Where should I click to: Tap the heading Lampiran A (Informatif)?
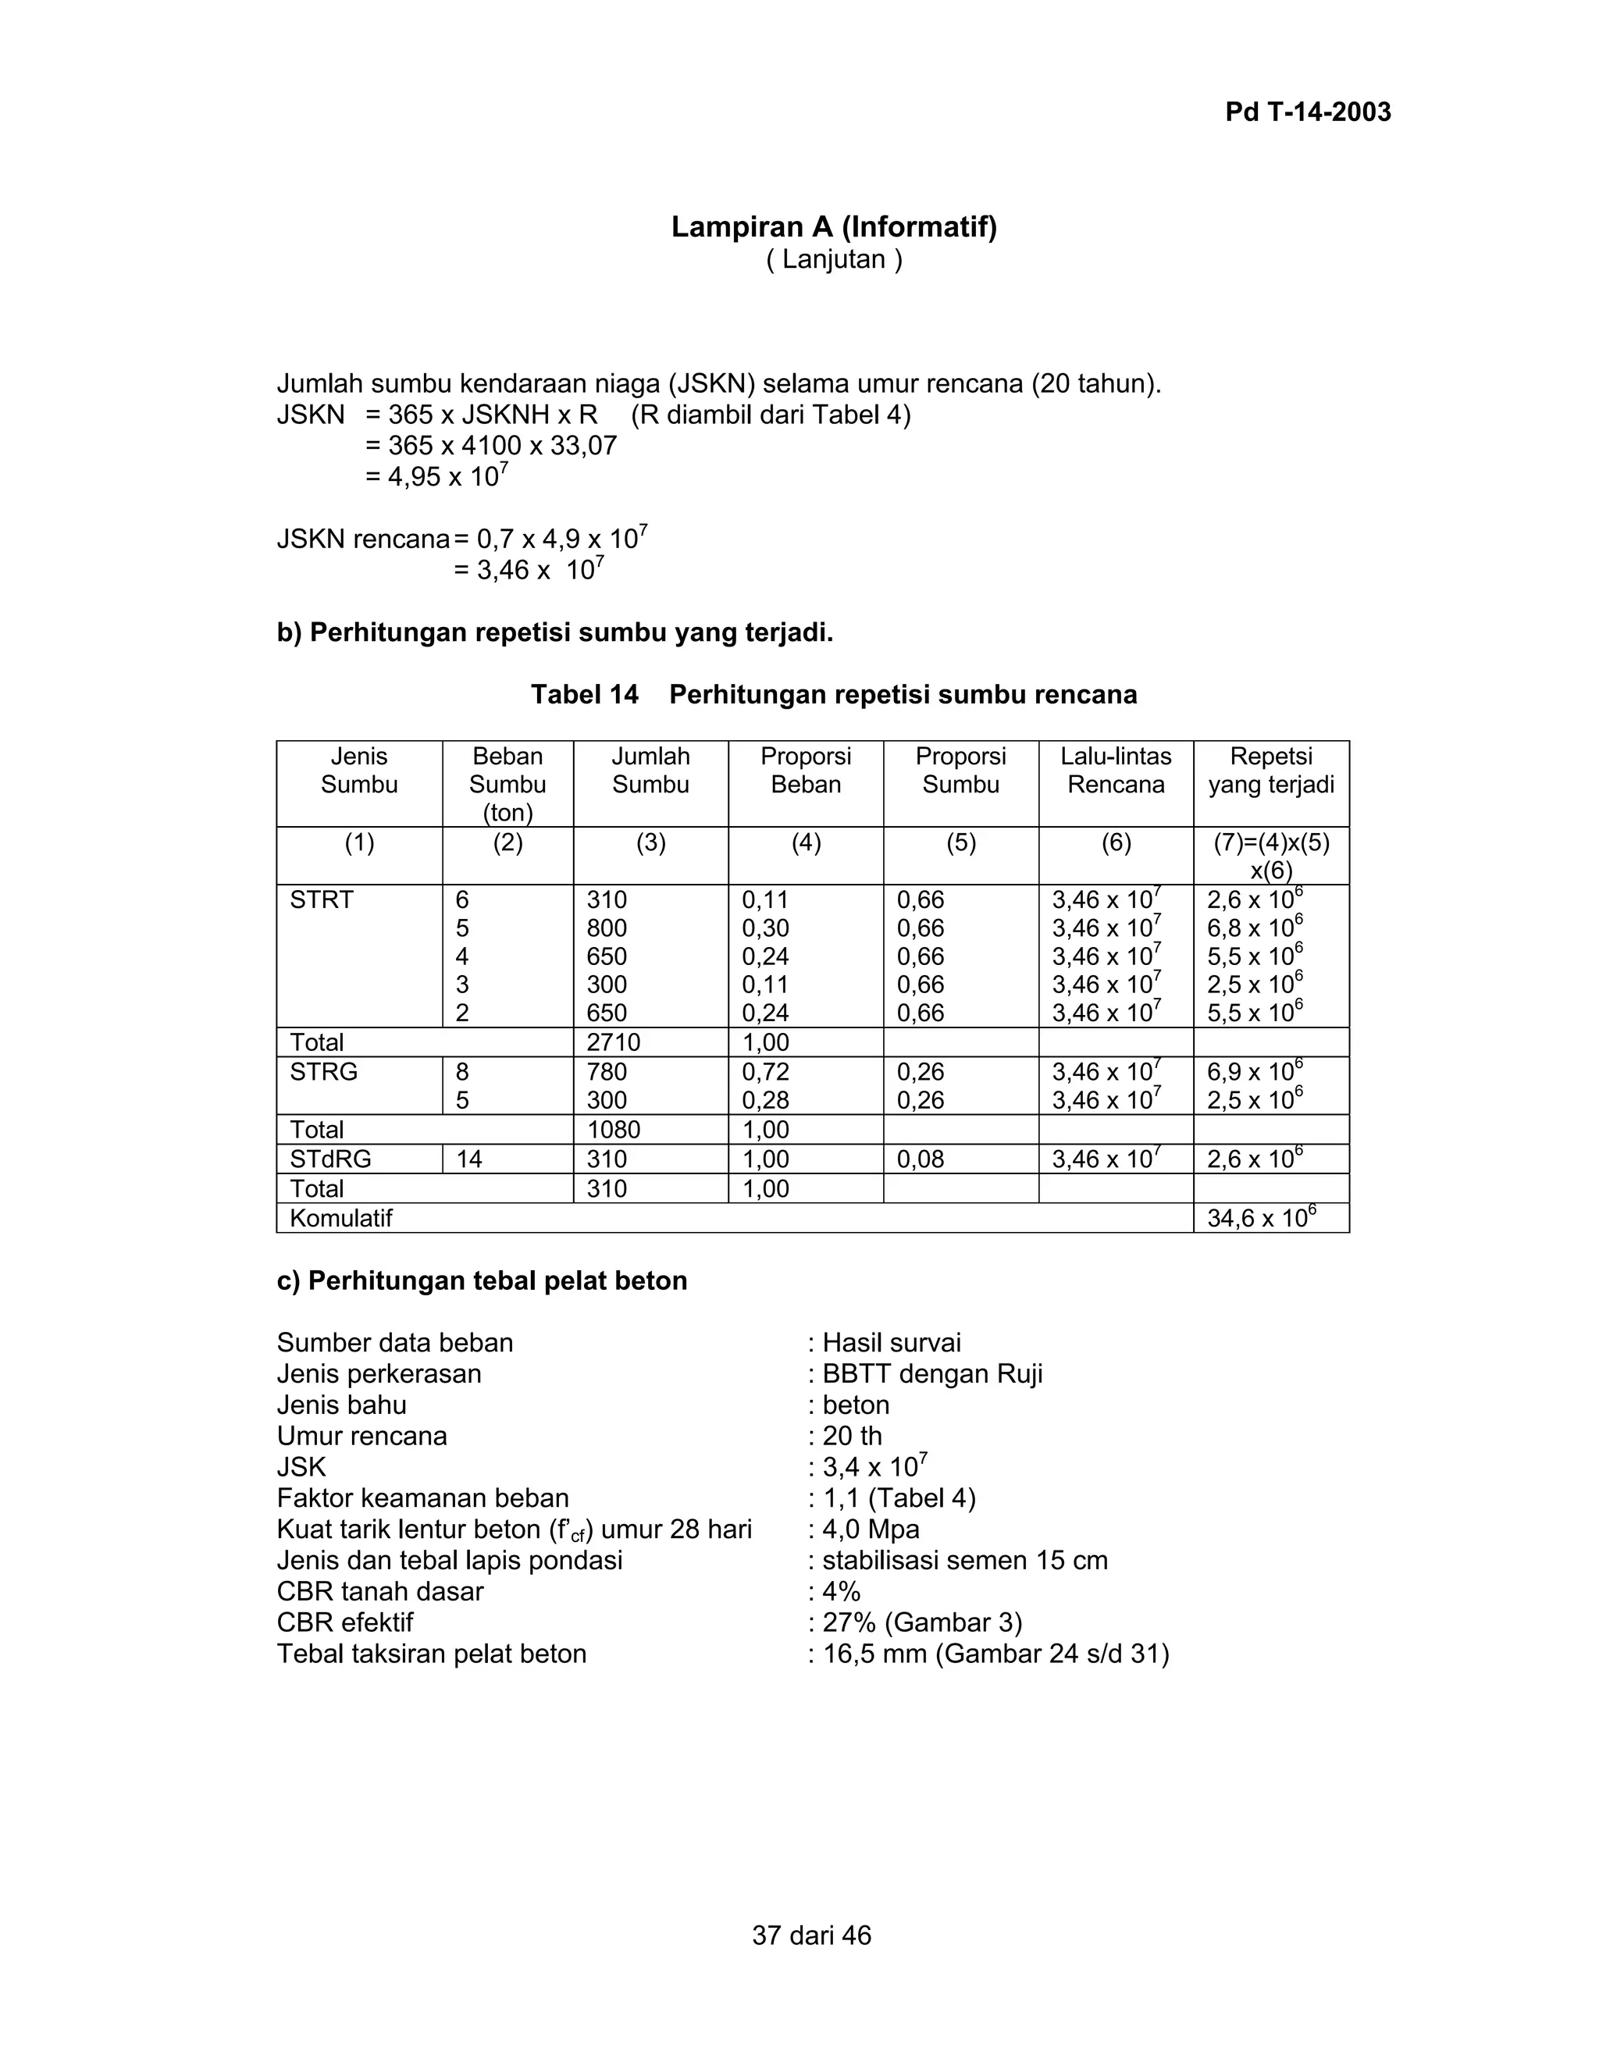834,226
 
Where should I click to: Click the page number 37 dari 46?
811,1935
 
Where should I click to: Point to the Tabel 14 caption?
834,694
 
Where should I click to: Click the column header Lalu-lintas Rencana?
1115,770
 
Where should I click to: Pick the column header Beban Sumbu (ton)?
507,783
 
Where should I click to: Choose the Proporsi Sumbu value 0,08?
920,1159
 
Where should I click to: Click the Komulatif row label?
341,1218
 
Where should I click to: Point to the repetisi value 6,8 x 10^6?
1254,928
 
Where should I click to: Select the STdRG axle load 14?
469,1159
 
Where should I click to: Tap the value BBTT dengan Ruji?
931,1373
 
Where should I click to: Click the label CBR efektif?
345,1623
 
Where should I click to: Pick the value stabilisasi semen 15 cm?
963,1560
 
